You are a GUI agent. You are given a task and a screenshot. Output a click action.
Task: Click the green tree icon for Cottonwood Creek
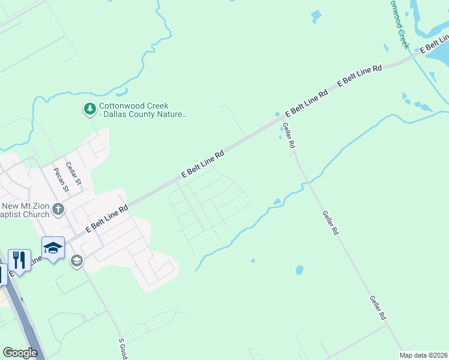coord(90,109)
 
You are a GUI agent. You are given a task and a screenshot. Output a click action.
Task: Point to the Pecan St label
coord(62,178)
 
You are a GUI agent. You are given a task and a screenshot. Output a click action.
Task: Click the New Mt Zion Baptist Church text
coord(24,209)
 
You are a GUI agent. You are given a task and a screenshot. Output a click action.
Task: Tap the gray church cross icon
coord(58,209)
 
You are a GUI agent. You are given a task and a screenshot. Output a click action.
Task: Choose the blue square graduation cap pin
coord(53,248)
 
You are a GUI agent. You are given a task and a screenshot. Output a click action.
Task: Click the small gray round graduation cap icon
coord(76,260)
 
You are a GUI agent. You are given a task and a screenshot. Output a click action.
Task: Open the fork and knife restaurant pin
coord(19,260)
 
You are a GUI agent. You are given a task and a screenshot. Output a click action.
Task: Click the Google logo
coord(20,353)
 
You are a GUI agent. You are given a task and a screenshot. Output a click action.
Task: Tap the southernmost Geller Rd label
coord(377,307)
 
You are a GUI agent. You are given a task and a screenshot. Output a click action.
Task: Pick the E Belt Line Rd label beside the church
coord(107,219)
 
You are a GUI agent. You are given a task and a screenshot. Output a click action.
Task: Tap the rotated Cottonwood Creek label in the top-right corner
coord(398,24)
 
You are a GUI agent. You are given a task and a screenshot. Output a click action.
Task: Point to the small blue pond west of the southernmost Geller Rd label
coord(299,270)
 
